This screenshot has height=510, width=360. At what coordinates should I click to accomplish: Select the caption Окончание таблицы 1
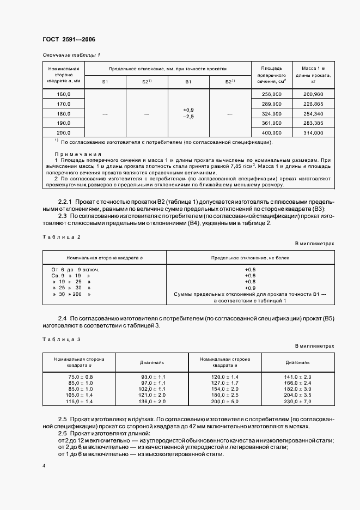pos(71,55)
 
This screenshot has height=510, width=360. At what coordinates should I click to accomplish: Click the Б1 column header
pos(106,81)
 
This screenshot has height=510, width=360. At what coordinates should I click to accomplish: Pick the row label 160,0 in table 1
pos(64,94)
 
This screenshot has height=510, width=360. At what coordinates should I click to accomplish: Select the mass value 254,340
pos(313,113)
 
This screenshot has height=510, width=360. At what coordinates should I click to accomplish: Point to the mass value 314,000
pos(313,132)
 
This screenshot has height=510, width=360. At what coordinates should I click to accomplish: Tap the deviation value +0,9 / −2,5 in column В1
pos(189,113)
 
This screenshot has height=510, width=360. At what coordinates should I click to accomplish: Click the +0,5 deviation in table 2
pos(250,270)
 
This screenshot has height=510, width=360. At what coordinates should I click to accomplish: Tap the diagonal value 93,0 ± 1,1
pos(152,377)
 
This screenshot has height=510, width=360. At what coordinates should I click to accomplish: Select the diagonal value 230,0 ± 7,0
pos(298,401)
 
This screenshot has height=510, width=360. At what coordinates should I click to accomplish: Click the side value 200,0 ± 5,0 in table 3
pos(225,401)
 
